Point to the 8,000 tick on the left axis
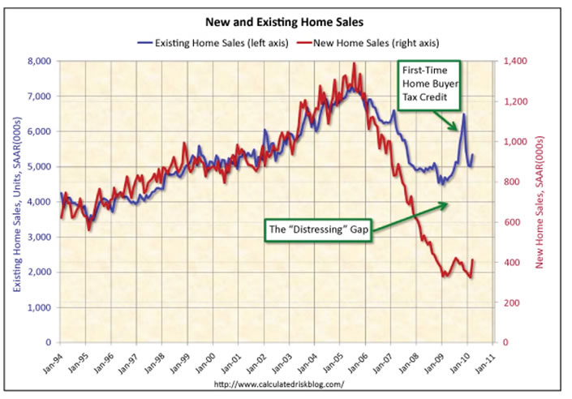click(x=38, y=61)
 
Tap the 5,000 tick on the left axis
click(x=38, y=166)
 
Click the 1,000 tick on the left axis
click(x=38, y=307)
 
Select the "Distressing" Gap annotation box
click(x=319, y=230)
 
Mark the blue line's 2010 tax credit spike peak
click(x=463, y=114)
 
